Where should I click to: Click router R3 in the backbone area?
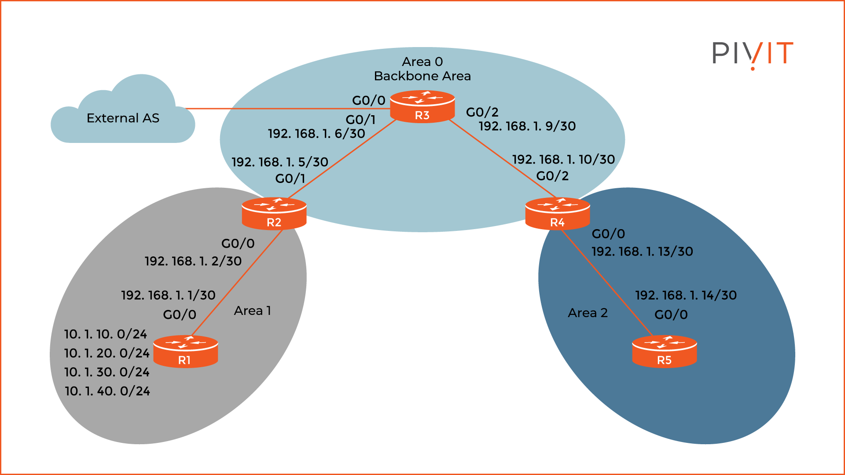click(422, 107)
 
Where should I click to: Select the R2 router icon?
click(274, 214)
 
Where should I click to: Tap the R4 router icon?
click(557, 214)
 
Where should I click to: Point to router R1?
click(185, 352)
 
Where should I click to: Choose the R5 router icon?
click(664, 352)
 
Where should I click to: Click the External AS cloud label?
click(123, 118)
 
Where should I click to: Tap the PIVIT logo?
click(752, 54)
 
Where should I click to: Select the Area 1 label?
click(252, 311)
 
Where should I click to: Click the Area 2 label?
click(588, 313)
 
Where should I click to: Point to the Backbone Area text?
click(422, 76)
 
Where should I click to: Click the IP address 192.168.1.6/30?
click(316, 134)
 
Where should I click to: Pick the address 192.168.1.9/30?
click(527, 126)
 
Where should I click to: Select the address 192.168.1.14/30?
click(686, 295)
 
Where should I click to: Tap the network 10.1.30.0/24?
click(107, 372)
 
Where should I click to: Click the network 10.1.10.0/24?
click(106, 334)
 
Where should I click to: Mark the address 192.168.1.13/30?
click(642, 252)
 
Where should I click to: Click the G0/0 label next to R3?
click(368, 101)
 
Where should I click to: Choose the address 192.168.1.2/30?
click(193, 261)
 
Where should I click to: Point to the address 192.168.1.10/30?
click(563, 160)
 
